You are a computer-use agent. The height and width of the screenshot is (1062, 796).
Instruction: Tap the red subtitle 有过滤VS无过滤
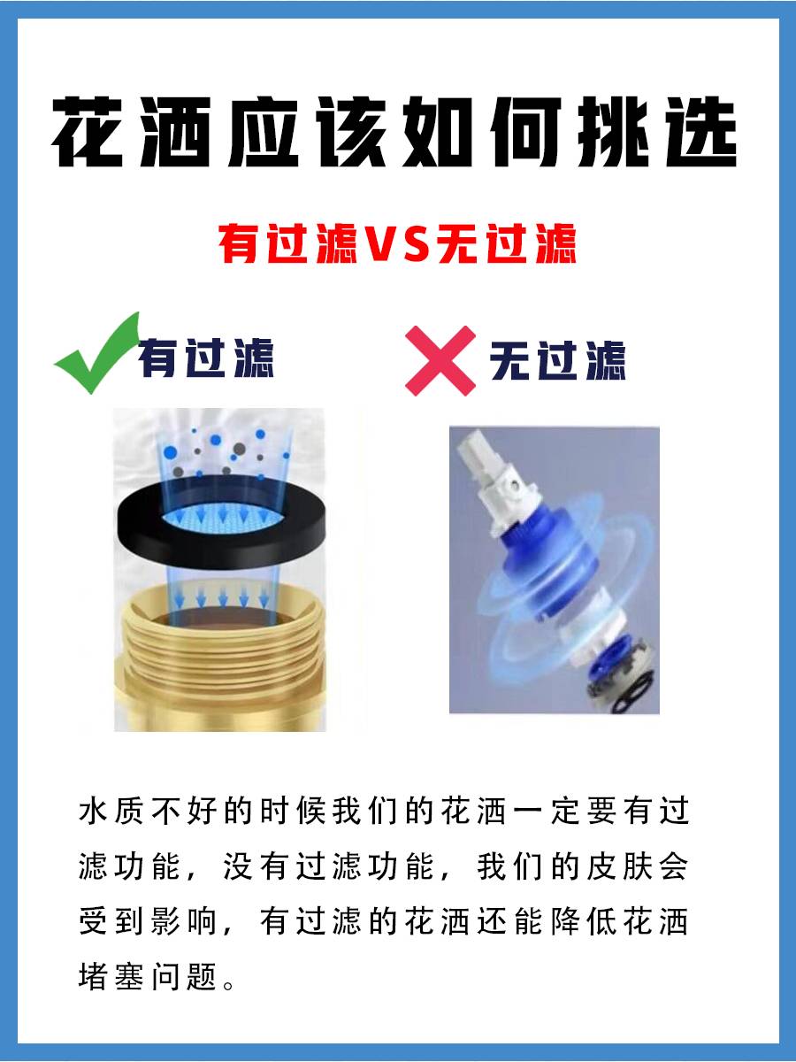coord(397,243)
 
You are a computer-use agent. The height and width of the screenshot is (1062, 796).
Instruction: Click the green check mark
coord(96,353)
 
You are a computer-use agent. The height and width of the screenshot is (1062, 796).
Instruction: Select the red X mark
coord(440,361)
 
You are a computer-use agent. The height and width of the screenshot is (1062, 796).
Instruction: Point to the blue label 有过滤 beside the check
coord(206,358)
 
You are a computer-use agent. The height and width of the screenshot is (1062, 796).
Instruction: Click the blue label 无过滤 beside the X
coord(557,361)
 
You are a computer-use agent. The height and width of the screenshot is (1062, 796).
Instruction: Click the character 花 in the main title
coord(87,132)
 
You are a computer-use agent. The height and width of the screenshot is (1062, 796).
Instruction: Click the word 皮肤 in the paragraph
coord(618,866)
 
